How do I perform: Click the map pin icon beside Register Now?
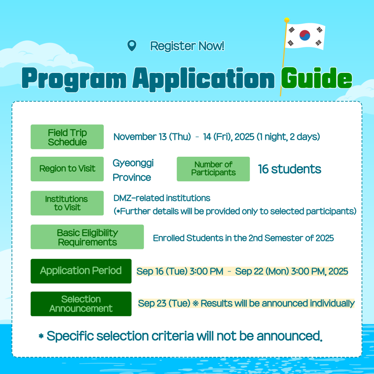click(x=132, y=45)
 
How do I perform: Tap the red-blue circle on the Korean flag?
click(x=305, y=35)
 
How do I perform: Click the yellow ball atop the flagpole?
click(x=287, y=20)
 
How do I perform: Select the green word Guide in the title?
click(x=316, y=78)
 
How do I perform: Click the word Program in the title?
click(x=74, y=79)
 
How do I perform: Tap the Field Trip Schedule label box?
click(x=67, y=137)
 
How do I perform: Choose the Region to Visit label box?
click(x=67, y=169)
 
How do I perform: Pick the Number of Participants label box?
click(x=213, y=169)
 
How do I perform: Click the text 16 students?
click(x=290, y=169)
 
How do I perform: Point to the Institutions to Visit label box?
click(x=67, y=203)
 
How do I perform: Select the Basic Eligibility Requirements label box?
click(x=87, y=237)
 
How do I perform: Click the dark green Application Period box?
click(x=81, y=271)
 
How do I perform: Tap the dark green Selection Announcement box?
click(x=81, y=304)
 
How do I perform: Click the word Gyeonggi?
click(x=133, y=164)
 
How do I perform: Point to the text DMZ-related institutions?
click(x=162, y=198)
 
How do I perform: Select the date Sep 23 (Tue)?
click(x=164, y=303)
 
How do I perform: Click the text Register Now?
click(x=187, y=46)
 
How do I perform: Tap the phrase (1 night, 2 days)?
click(x=288, y=137)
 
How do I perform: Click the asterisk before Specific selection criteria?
click(x=41, y=336)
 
